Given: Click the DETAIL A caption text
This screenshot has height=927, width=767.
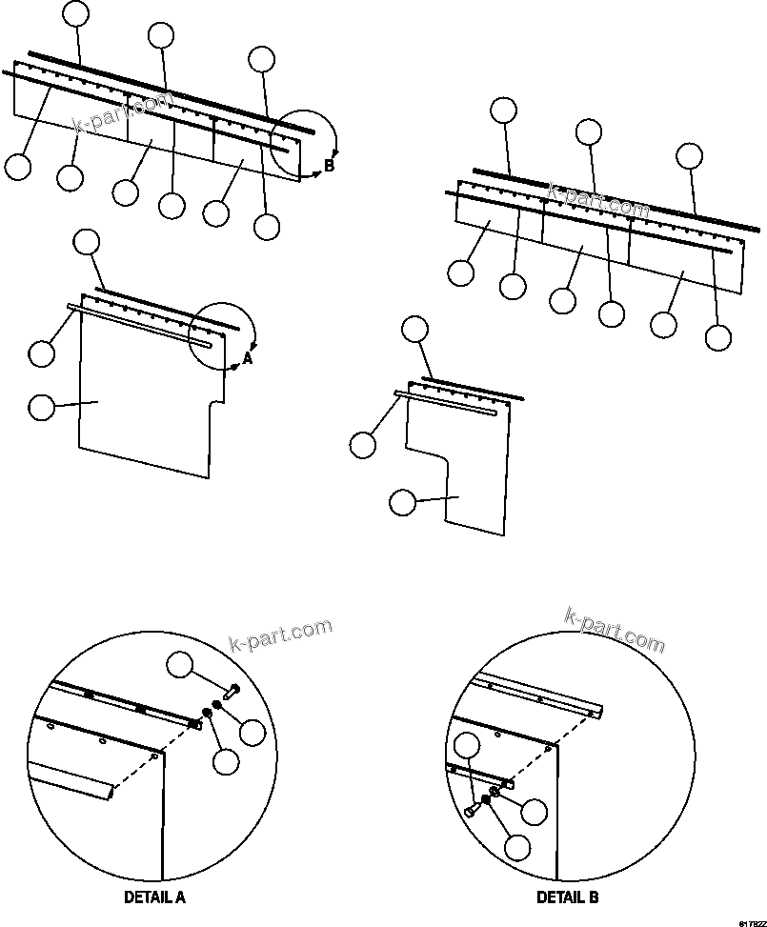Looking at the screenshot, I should click(154, 897).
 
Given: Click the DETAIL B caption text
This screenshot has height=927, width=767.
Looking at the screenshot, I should click(568, 897).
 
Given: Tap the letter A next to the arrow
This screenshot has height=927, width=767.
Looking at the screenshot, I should click(248, 359).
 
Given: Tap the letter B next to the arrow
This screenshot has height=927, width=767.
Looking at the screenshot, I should click(329, 166).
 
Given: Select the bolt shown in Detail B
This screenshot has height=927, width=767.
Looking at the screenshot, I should click(473, 808).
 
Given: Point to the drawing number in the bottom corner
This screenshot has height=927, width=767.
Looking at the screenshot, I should click(750, 922).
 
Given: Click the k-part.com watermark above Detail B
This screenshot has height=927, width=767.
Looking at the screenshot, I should click(615, 630).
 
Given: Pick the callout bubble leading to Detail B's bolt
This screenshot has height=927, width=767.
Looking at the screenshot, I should click(466, 748).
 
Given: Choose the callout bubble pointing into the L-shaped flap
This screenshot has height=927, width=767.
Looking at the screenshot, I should click(403, 502).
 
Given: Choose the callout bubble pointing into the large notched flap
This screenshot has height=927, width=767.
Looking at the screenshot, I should click(42, 408).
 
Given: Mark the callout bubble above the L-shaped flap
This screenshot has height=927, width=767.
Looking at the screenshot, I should click(414, 330).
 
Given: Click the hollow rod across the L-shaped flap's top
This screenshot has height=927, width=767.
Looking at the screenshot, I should click(448, 403).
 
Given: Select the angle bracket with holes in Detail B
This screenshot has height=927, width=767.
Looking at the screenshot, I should click(543, 693).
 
